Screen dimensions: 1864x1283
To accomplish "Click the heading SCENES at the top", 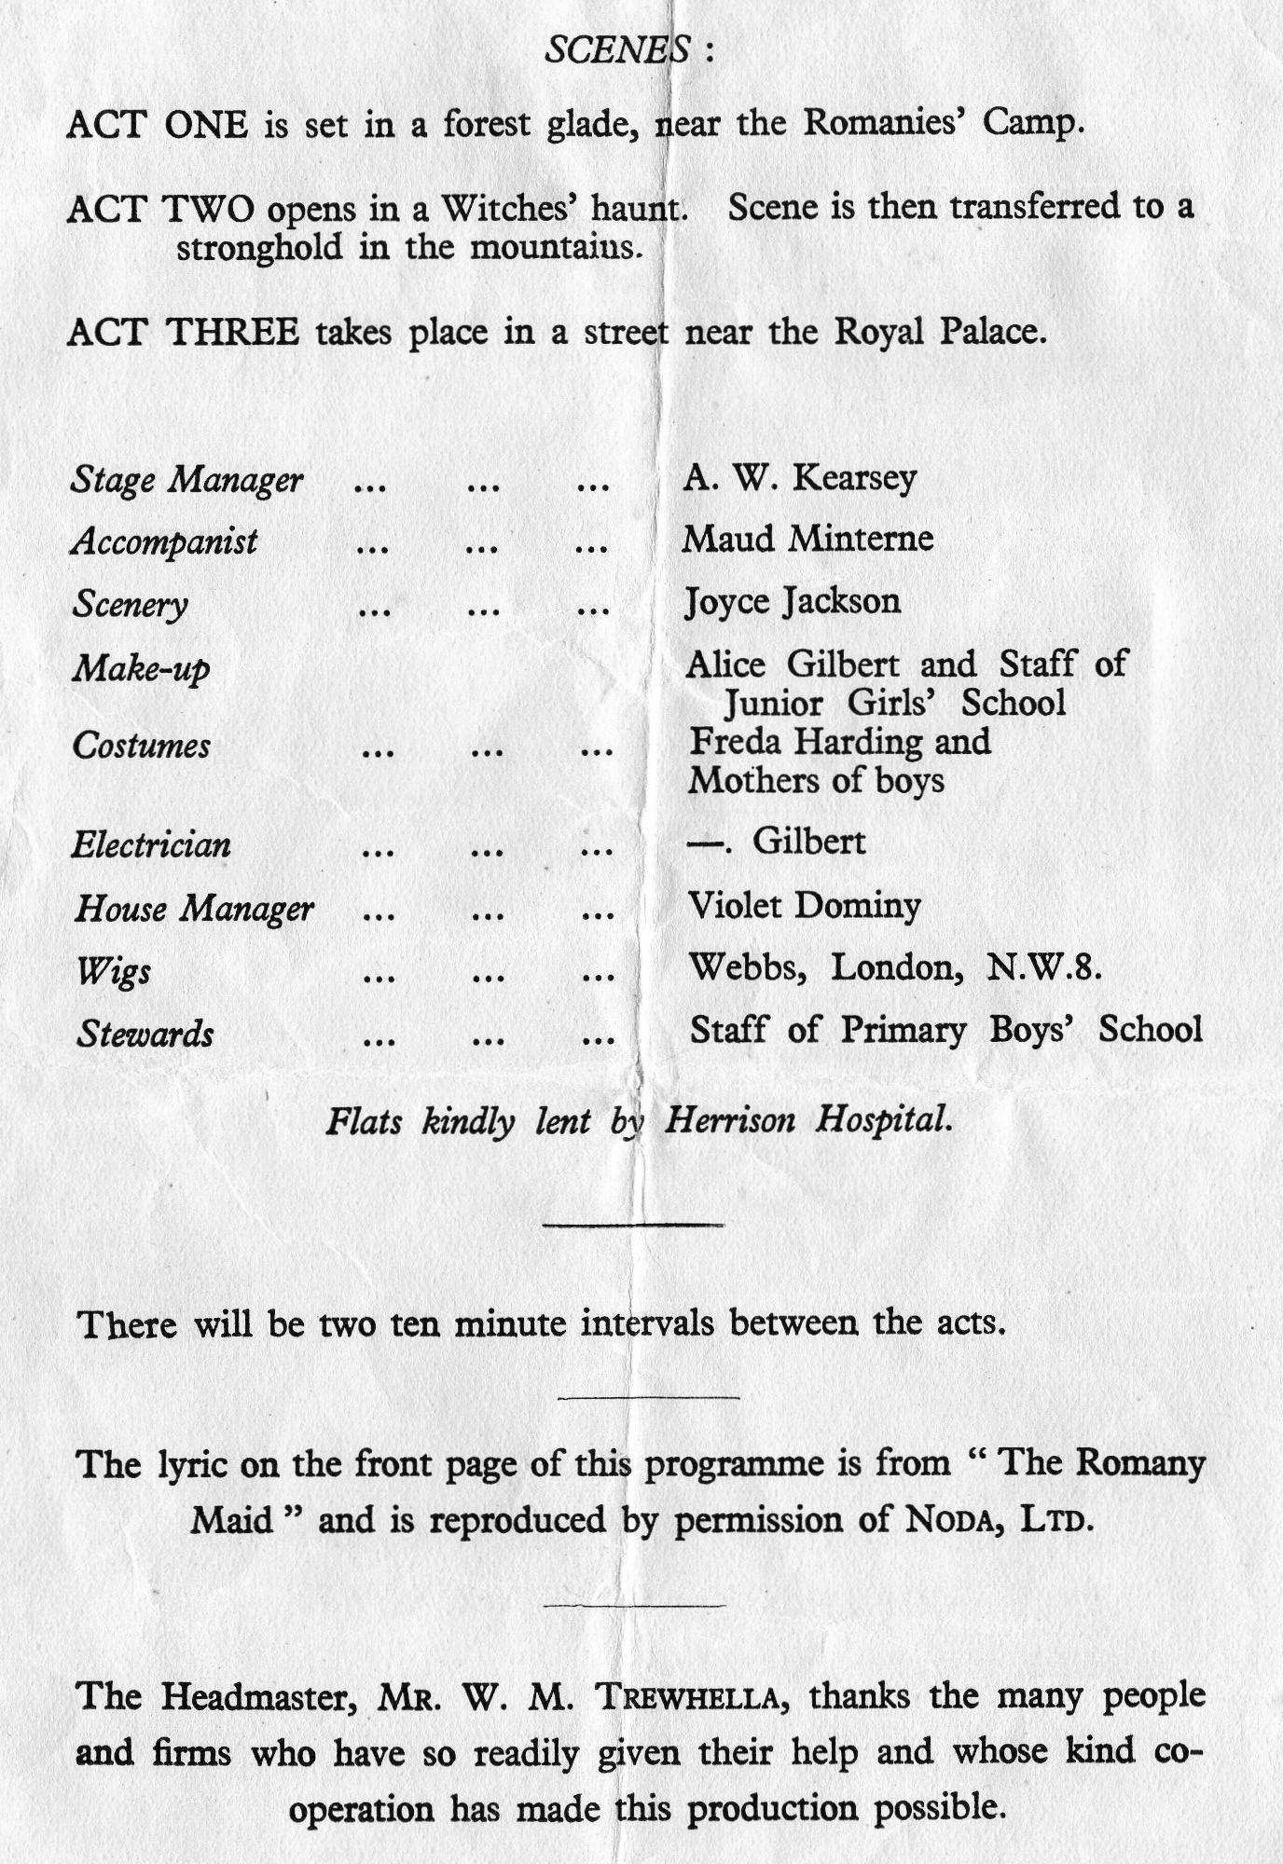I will coord(617,48).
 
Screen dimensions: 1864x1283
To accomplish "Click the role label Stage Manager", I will coord(187,480).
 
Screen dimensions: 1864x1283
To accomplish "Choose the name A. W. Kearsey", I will coord(800,479).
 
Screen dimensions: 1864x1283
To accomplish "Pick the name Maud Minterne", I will coord(807,539).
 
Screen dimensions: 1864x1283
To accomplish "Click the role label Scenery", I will coord(131,605).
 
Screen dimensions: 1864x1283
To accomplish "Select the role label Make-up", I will coord(142,668).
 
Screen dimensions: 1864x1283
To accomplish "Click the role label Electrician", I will coord(151,844).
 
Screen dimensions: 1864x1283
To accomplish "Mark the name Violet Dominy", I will coord(805,905).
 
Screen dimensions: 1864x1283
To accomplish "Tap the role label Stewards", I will coord(145,1034).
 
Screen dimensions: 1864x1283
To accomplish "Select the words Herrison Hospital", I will coord(808,1118).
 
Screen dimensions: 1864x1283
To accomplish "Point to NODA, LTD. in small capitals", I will coord(996,1520).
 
